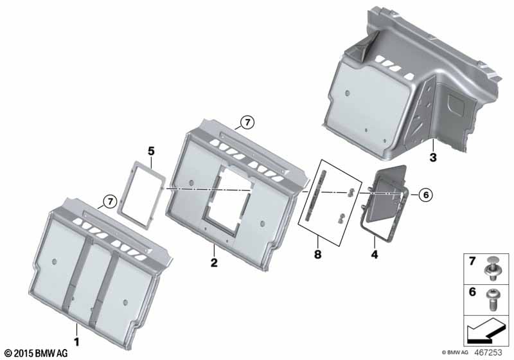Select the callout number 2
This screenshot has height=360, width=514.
213,263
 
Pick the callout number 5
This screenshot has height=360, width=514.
151,152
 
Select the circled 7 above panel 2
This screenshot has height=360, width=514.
246,122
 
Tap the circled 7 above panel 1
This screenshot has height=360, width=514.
109,202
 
